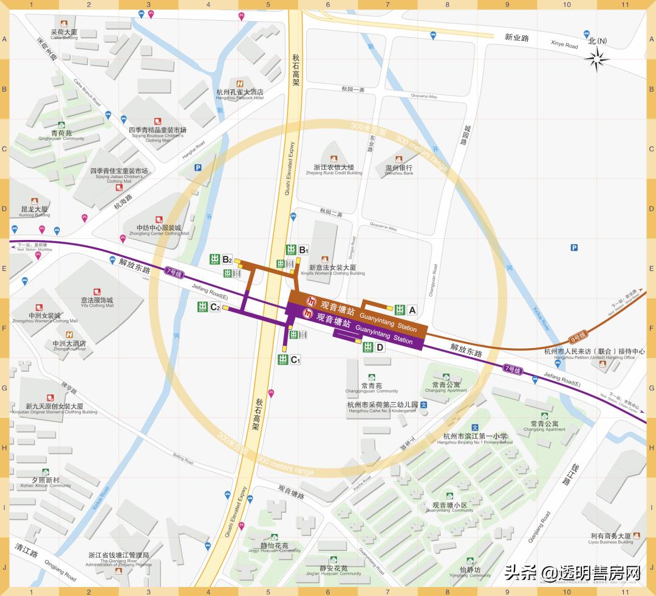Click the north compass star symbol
click(x=598, y=59)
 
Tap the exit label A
click(x=412, y=310)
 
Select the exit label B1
click(x=304, y=250)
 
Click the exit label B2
click(x=227, y=259)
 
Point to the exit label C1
click(x=295, y=360)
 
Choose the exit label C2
click(x=214, y=307)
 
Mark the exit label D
click(x=380, y=348)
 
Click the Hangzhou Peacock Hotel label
click(x=240, y=93)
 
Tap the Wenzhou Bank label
click(x=398, y=168)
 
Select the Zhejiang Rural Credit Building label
click(x=338, y=168)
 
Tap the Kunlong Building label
click(x=35, y=211)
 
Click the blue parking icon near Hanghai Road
click(x=197, y=168)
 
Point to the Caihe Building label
click(x=64, y=33)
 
